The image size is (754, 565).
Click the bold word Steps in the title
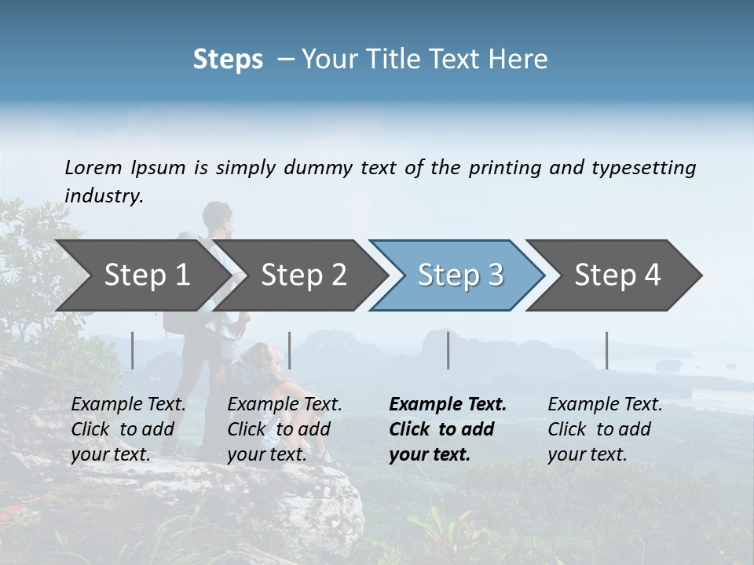tap(228, 60)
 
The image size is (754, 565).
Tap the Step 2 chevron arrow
tap(302, 275)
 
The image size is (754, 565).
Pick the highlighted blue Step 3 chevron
tap(459, 275)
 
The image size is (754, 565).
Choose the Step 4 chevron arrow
tap(617, 275)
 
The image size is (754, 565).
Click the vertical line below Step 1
tap(133, 350)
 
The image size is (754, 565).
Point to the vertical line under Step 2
tap(290, 350)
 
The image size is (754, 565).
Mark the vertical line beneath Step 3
tap(448, 350)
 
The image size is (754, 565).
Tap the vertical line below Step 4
tap(606, 350)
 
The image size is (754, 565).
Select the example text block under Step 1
tap(127, 429)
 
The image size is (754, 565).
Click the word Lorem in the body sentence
tap(93, 168)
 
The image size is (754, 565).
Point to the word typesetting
tap(643, 168)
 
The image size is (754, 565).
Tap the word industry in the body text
tap(103, 196)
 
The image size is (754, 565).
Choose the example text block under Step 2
tap(284, 429)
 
